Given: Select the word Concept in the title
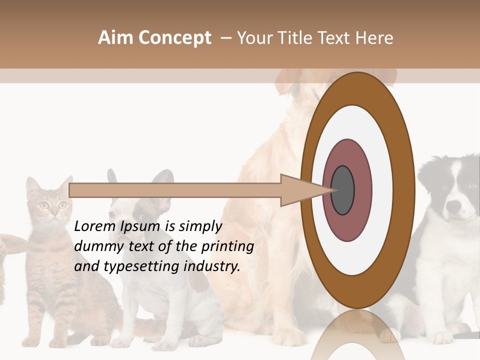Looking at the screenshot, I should coord(175,38).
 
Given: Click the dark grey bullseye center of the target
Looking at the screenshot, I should coord(343,190).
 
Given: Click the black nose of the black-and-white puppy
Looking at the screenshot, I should coord(454,206).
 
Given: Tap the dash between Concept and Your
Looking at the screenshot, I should coord(225,38).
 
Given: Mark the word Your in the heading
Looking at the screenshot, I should coord(255,38).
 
